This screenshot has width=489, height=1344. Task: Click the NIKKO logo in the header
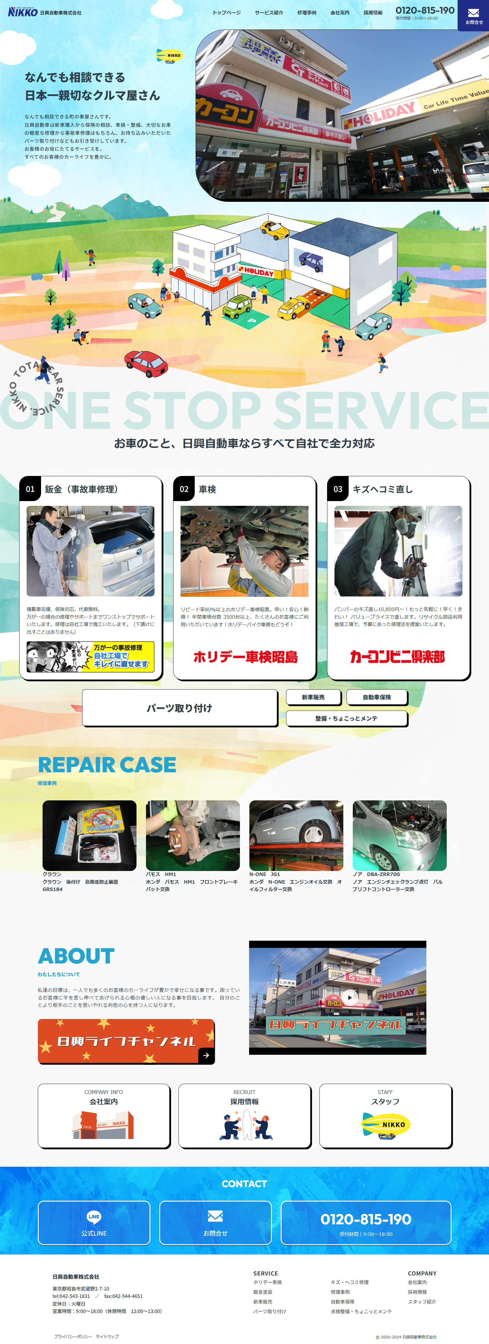coord(23,12)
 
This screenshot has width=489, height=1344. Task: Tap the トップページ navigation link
coord(227,12)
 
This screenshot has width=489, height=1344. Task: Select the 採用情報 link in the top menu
coord(373,12)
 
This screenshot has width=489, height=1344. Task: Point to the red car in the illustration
coord(146,363)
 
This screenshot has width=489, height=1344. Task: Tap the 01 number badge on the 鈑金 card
coord(30,489)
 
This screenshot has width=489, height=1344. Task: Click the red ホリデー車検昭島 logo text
coord(245,656)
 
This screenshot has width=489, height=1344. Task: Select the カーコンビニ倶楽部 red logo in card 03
coord(398,656)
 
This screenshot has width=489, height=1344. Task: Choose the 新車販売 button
coord(313,697)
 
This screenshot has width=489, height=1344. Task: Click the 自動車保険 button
coord(377,697)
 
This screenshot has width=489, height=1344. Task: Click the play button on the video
coord(350,997)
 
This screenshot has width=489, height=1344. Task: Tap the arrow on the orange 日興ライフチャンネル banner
coord(206,1055)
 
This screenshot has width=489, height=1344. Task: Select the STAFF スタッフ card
coord(385,1116)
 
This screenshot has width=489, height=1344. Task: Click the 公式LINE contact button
coord(94,1223)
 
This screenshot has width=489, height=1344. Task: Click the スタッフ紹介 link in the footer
coord(422,1301)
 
